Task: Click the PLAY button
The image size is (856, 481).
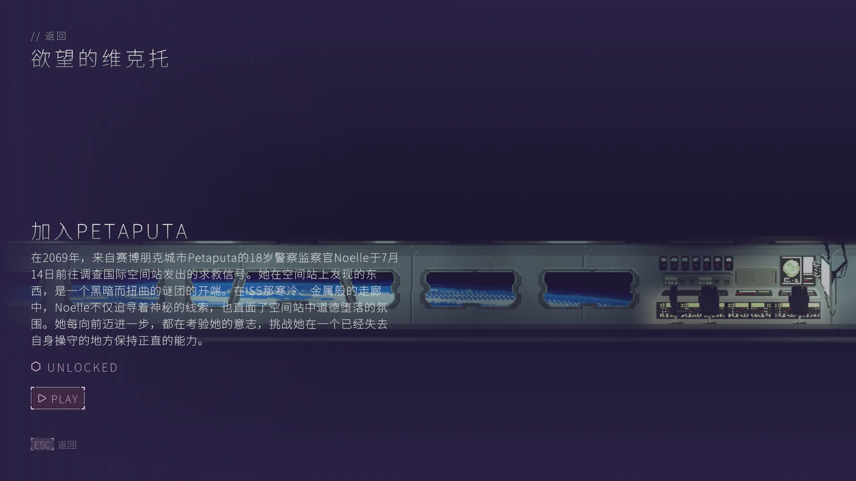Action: pos(58,398)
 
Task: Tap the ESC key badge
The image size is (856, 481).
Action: pos(42,445)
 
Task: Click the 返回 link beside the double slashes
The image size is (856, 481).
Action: pos(56,36)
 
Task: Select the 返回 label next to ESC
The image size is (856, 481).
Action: pos(67,445)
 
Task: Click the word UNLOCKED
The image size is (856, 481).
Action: pos(83,367)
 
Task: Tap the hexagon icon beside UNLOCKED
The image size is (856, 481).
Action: pos(36,367)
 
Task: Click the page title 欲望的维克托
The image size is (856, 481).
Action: pos(100,58)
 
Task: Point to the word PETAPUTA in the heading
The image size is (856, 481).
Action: pos(132,231)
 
